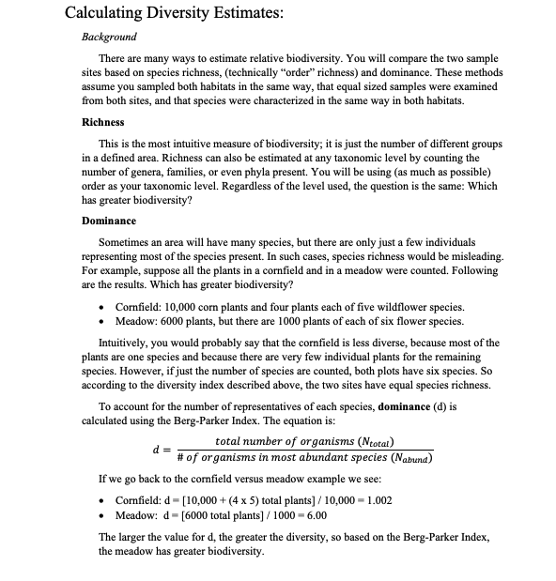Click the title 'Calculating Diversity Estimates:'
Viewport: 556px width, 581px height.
[x=174, y=13]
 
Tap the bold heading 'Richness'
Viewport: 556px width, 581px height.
[x=103, y=122]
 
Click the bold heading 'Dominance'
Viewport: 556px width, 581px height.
[x=109, y=221]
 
